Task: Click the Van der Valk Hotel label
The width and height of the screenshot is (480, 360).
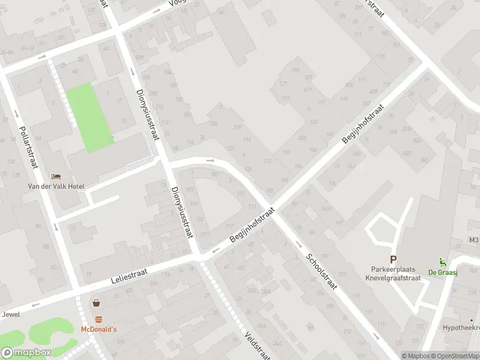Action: click(56, 187)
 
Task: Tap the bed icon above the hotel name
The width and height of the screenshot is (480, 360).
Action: click(56, 176)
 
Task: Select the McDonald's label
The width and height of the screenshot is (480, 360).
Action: click(99, 329)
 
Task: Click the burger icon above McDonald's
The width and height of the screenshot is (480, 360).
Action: click(98, 319)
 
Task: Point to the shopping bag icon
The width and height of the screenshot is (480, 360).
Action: click(96, 304)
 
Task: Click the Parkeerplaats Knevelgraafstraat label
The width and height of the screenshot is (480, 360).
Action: click(393, 274)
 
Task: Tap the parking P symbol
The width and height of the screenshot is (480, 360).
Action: click(393, 260)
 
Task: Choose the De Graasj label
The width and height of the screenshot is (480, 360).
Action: click(439, 272)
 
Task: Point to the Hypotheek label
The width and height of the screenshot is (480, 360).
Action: click(461, 328)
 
